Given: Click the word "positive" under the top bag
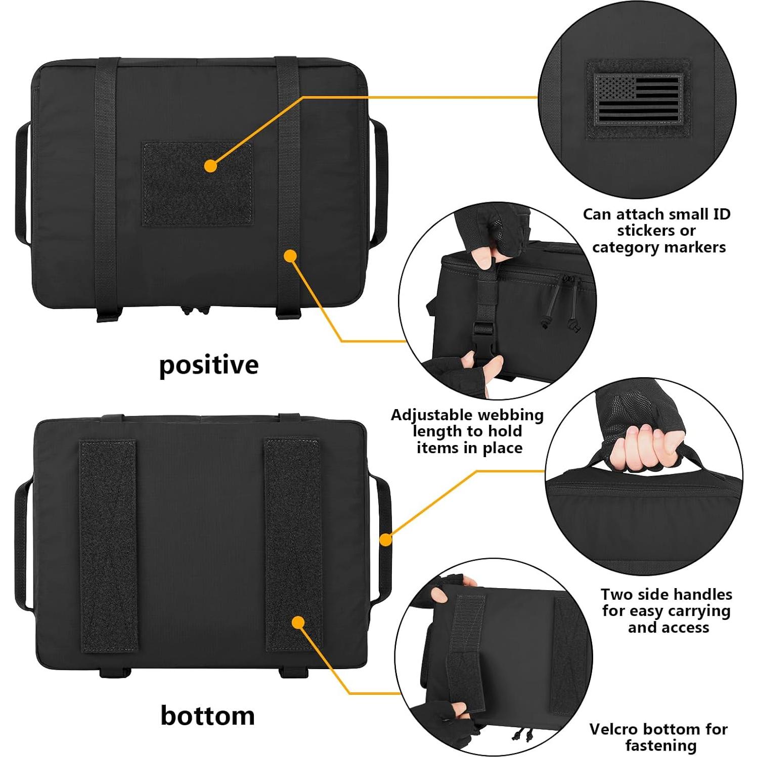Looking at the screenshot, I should pos(208,365).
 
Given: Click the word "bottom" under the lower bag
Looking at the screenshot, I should pos(207,716).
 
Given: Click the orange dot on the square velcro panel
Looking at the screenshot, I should pos(211,165).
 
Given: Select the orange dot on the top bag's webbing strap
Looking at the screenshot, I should pos(290,256).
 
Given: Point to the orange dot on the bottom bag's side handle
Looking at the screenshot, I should pos(386,540).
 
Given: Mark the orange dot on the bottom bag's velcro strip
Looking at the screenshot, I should pos(298,622).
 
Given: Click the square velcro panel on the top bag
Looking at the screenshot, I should pos(197,183).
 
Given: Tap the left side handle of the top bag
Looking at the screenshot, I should pos(22,182).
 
